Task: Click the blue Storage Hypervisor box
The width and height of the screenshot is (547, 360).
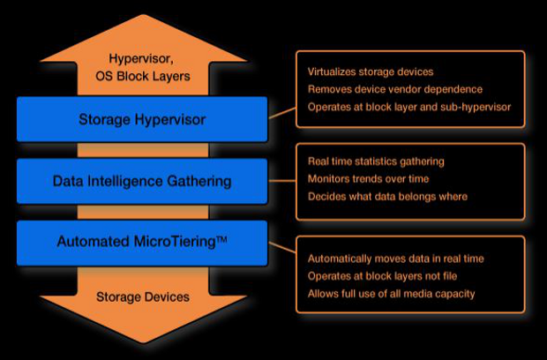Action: pos(142,119)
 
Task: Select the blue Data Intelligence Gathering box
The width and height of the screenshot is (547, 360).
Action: pos(142,181)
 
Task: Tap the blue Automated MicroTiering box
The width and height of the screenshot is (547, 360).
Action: pos(142,242)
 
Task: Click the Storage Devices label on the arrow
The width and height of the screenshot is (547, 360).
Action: pos(142,296)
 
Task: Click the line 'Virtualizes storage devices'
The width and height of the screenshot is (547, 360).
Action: pos(371,71)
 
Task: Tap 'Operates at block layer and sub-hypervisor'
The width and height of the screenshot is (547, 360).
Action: pos(408,107)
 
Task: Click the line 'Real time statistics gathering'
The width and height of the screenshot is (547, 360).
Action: pos(375,161)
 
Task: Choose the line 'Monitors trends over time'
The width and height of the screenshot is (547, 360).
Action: pos(369,178)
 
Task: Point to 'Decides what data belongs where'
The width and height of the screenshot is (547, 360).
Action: pos(387,196)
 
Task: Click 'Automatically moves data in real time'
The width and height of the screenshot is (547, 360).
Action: pos(395,259)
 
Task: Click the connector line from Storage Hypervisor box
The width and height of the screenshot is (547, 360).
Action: pos(281,112)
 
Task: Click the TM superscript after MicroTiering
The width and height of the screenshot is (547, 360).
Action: pos(221,237)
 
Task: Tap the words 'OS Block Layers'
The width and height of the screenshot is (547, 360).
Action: pos(142,77)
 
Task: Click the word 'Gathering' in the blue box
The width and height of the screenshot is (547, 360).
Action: pos(200,181)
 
